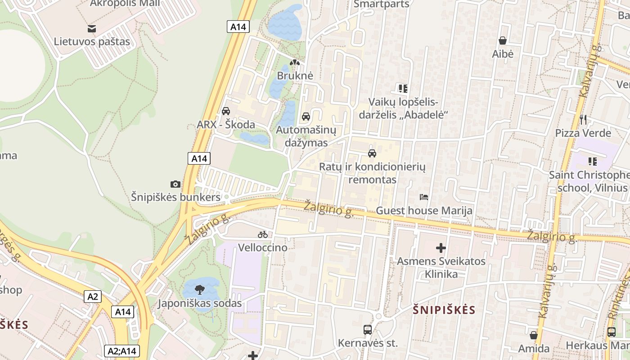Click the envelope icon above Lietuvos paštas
92,29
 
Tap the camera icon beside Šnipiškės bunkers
175,184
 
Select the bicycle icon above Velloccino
263,234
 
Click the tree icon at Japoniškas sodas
199,290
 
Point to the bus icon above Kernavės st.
368,330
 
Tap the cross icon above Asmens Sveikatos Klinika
441,247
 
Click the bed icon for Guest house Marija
423,197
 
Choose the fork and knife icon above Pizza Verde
583,119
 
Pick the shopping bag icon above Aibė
503,40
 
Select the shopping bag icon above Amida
534,335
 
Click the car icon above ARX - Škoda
226,111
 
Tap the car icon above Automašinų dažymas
306,117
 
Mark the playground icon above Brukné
295,63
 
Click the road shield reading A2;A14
121,351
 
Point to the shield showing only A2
93,297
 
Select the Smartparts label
382,4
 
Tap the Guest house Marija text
424,211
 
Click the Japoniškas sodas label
199,303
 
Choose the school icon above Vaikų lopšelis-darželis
403,88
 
